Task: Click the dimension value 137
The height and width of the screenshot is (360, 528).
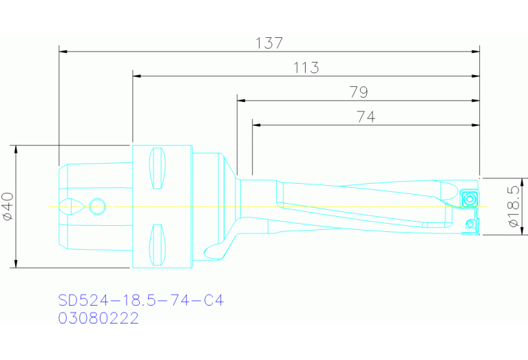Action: click(x=269, y=43)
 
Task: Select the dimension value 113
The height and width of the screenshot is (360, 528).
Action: click(x=306, y=67)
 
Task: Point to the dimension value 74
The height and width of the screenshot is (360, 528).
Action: click(x=366, y=117)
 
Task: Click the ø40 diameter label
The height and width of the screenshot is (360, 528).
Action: click(x=8, y=207)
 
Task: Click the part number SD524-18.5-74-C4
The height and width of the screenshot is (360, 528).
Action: click(x=141, y=301)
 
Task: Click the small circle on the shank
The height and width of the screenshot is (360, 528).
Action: click(x=98, y=206)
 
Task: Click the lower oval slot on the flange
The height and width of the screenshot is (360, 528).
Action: click(x=158, y=244)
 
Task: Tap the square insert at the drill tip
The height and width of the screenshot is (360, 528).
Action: click(x=468, y=199)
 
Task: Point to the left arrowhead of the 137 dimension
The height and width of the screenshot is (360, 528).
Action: click(x=64, y=50)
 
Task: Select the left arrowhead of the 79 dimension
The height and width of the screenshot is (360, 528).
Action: click(x=242, y=100)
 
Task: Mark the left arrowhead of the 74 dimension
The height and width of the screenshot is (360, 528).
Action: click(x=257, y=125)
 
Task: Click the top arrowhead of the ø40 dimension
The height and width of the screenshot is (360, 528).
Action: click(x=15, y=149)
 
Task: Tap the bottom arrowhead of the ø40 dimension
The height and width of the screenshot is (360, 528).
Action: click(x=15, y=264)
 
